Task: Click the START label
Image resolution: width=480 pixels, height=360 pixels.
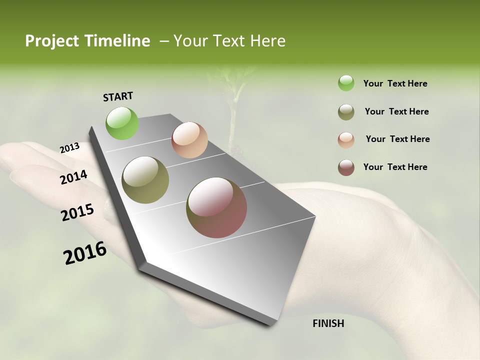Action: coord(118,96)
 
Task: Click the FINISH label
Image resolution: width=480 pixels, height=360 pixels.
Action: coord(328,323)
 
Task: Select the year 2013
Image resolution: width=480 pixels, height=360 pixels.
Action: coord(69,147)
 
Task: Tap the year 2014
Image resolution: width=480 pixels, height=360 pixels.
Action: coord(73,177)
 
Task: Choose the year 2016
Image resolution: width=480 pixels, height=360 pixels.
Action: coord(85,253)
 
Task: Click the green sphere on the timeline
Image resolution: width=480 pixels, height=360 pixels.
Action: coord(122,123)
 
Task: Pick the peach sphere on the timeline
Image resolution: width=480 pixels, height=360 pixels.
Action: coord(189,140)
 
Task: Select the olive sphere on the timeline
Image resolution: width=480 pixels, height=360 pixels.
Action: coord(145,180)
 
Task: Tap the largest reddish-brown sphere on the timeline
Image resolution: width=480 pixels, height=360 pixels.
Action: coord(216,207)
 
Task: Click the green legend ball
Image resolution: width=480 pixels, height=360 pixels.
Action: coord(346,83)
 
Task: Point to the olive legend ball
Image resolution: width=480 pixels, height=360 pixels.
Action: coord(346,112)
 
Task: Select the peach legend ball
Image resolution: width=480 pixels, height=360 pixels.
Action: coord(346,140)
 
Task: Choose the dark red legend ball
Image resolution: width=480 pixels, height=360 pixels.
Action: coord(346,167)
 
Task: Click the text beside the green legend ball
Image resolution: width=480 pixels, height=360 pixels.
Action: coord(395,83)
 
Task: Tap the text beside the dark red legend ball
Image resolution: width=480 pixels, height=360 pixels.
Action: coord(395,167)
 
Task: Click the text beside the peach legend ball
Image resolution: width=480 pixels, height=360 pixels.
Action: coord(397,139)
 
